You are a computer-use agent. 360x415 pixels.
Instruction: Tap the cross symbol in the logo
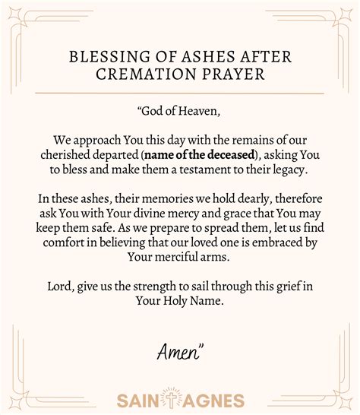180,398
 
